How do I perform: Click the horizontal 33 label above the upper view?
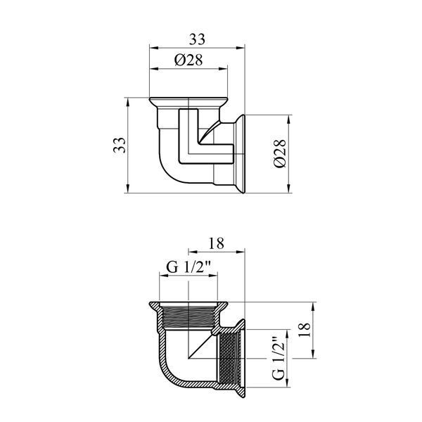[x=197, y=39]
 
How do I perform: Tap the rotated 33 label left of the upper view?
[x=120, y=145]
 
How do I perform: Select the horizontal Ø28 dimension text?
[x=188, y=60]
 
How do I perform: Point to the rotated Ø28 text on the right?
[x=280, y=153]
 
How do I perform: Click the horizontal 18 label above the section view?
[x=217, y=243]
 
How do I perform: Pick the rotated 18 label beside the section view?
[x=305, y=330]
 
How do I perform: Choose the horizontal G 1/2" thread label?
[x=188, y=267]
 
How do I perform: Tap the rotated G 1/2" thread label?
[x=279, y=358]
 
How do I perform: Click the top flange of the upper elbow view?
[x=188, y=102]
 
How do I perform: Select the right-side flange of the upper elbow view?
[x=241, y=153]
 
